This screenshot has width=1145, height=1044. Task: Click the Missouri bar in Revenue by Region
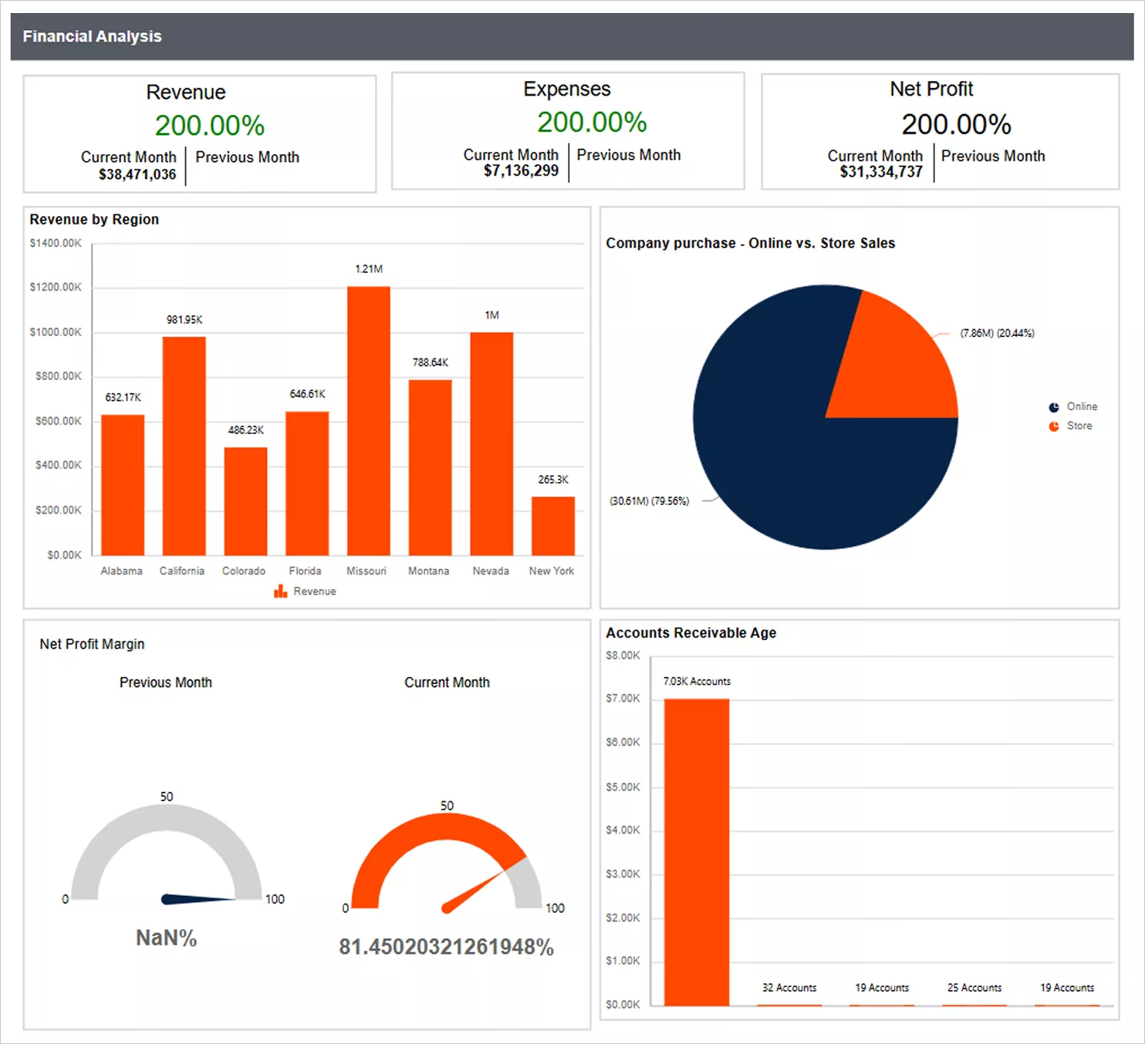[368, 420]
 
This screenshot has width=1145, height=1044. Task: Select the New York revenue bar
[552, 526]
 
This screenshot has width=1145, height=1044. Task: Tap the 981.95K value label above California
[184, 320]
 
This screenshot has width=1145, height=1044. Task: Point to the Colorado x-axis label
[244, 571]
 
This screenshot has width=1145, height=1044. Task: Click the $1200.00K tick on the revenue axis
[56, 288]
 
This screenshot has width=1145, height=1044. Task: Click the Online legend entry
[1081, 407]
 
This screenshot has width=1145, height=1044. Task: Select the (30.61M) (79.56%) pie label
[649, 501]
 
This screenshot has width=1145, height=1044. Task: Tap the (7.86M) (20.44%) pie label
[997, 333]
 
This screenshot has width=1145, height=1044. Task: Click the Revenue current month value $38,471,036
[137, 175]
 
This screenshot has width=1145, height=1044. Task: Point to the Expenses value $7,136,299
[521, 171]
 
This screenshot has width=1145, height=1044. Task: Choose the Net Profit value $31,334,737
[881, 172]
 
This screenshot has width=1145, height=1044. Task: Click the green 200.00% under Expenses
[592, 123]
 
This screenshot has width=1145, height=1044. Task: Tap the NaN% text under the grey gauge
[166, 938]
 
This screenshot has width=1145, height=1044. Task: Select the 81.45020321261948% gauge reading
[446, 948]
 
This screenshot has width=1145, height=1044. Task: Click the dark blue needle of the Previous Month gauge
[197, 899]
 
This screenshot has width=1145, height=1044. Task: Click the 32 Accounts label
[789, 988]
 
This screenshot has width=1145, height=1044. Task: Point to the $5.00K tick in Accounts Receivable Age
[623, 787]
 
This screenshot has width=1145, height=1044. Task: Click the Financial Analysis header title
[92, 37]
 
